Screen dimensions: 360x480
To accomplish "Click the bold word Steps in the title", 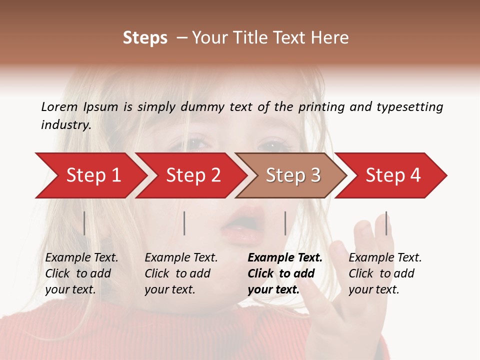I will pos(145,38).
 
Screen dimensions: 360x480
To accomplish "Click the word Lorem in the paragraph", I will pos(59,106).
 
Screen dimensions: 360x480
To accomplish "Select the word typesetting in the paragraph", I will pos(409,106).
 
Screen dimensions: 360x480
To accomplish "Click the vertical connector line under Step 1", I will pos(84,223).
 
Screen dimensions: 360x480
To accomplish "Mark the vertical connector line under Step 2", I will pos(184,223).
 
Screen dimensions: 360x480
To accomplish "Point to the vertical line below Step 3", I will pos(285,223).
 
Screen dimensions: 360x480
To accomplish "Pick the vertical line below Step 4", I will pos(386,223).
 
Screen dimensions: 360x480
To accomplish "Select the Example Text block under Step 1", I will pos(81,273).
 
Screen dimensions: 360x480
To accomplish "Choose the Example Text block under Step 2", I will pos(181,273).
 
